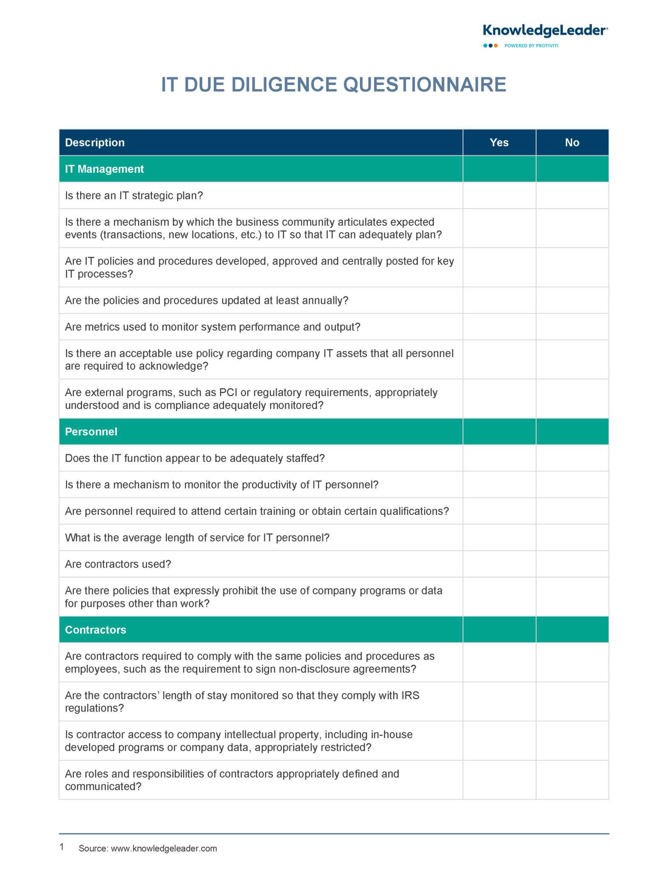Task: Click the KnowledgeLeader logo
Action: coord(545,31)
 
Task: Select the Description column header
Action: coord(95,143)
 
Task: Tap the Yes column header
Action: coord(499,143)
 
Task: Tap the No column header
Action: coord(572,143)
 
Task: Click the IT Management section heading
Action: coord(104,169)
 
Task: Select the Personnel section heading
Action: coord(91,431)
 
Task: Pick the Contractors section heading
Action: coord(96,629)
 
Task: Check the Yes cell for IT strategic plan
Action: coord(499,195)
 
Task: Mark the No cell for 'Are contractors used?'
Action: coord(572,564)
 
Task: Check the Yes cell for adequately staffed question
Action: coord(499,458)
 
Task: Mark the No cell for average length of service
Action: coord(572,537)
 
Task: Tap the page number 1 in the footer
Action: coord(62,847)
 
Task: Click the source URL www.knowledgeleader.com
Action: coord(164,848)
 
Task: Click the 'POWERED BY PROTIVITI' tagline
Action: coord(531,46)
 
